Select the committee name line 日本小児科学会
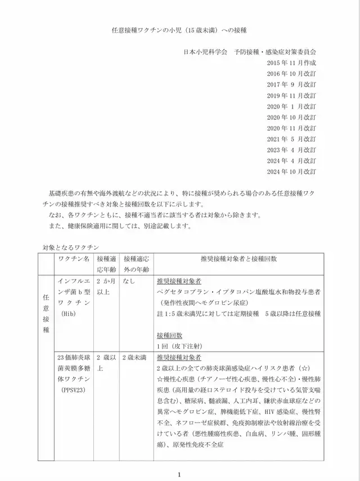(250, 51)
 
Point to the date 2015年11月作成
(291, 64)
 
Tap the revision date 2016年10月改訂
(291, 74)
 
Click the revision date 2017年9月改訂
(291, 85)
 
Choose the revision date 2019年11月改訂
(291, 96)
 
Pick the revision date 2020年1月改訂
(291, 106)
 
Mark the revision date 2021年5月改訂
(291, 139)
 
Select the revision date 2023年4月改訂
(291, 150)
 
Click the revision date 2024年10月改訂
(291, 171)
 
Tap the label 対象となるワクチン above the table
(71, 247)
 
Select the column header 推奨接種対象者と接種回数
(238, 259)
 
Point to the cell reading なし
(129, 280)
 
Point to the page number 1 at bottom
(179, 474)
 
